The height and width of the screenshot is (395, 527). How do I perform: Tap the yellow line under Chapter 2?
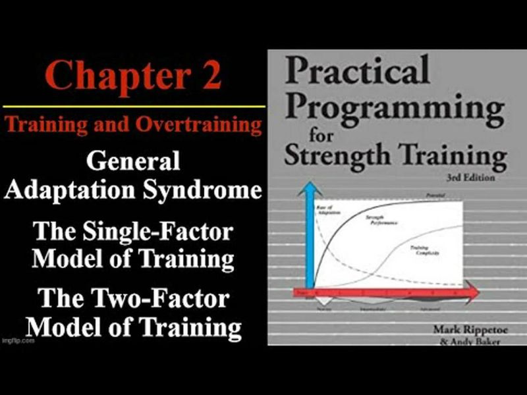tap(132, 106)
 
